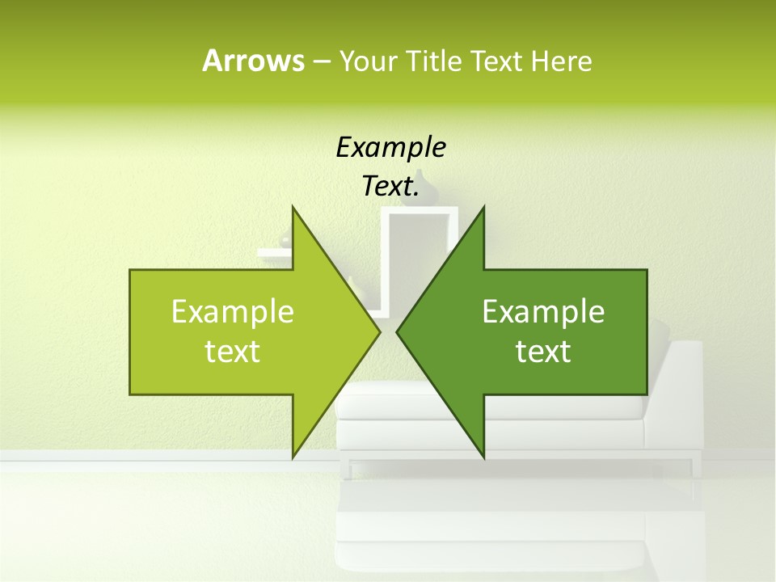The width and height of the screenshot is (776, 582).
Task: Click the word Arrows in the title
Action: [x=253, y=61]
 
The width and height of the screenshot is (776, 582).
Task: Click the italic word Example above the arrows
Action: [x=390, y=148]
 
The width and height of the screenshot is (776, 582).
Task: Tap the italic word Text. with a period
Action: [x=390, y=187]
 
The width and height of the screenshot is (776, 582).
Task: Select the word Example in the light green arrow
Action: [x=233, y=312]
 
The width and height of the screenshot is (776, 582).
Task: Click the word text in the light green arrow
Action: [x=233, y=352]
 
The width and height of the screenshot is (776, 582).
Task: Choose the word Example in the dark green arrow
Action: [x=543, y=312]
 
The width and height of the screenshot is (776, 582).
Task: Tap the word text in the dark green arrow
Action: [x=543, y=352]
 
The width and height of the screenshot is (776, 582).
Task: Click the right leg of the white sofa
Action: [x=691, y=468]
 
